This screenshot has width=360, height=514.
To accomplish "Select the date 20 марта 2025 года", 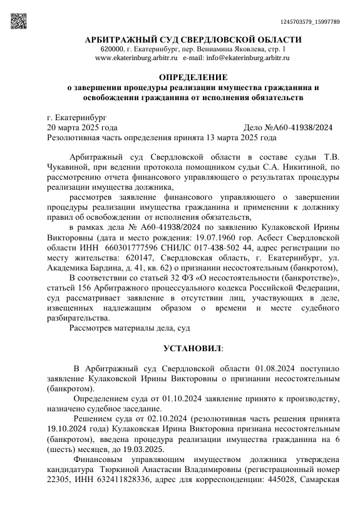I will click(x=83, y=127).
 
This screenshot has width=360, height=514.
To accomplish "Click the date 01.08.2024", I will click(x=268, y=369).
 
